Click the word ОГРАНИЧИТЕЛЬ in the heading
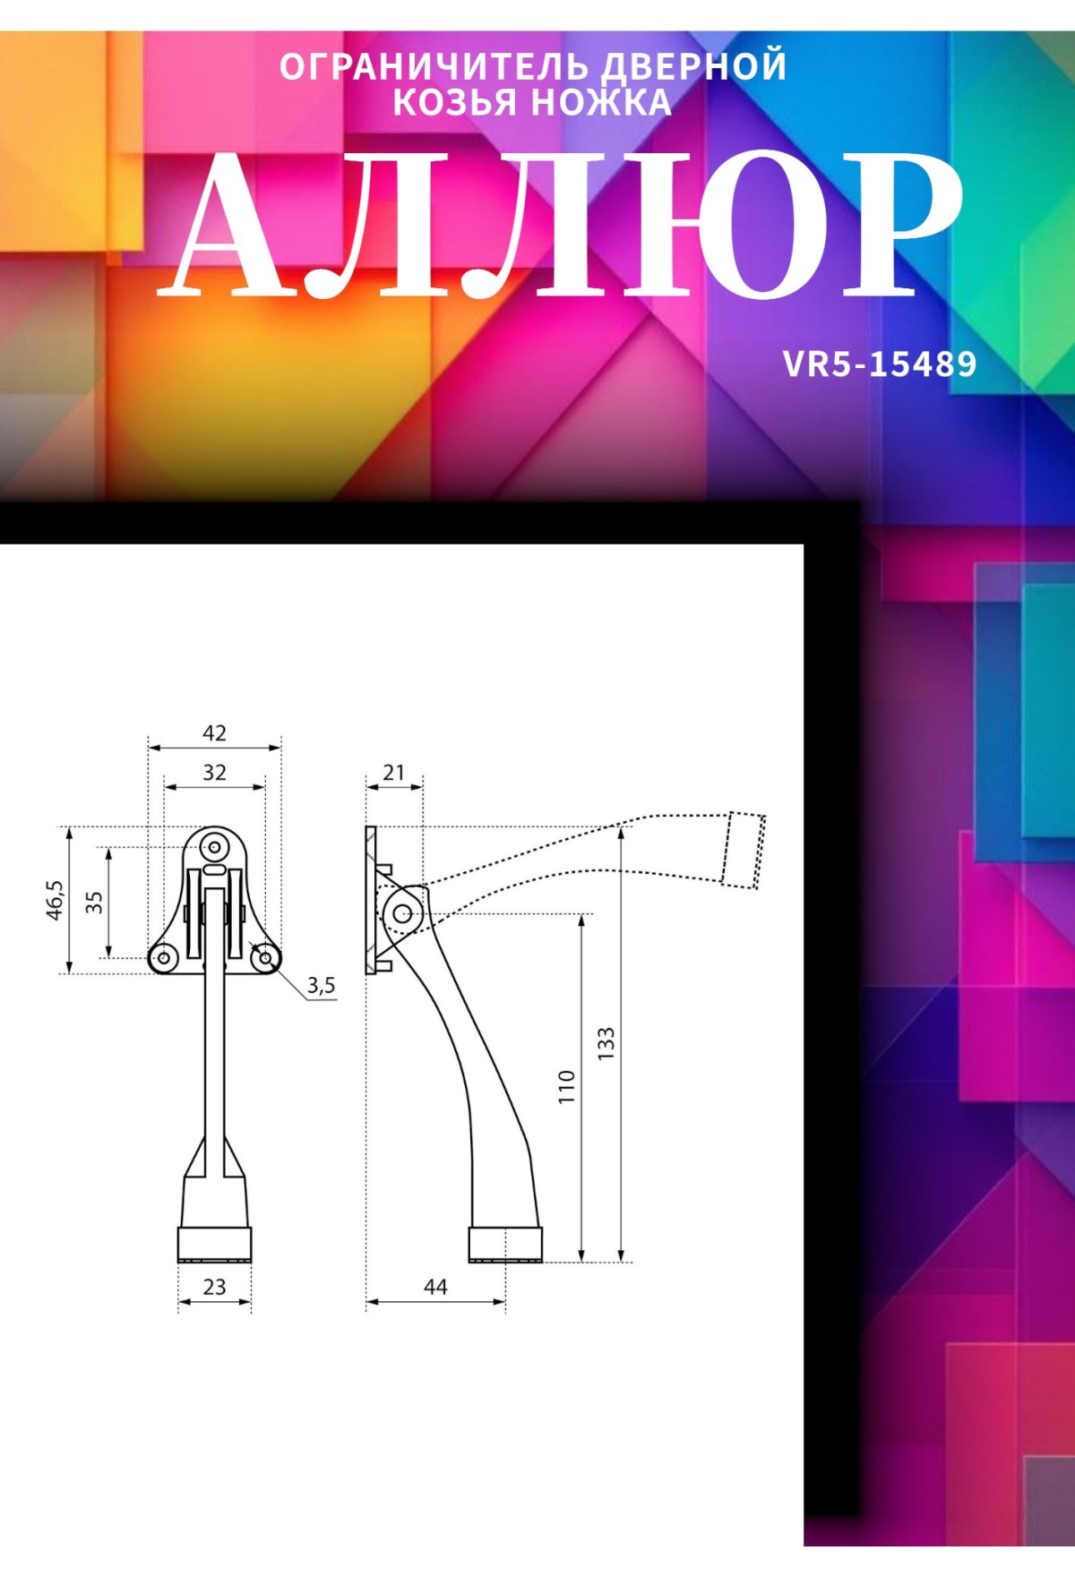point(434,67)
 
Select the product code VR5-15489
point(880,364)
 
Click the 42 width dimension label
point(214,733)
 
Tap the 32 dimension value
point(214,773)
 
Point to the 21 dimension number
point(393,773)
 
